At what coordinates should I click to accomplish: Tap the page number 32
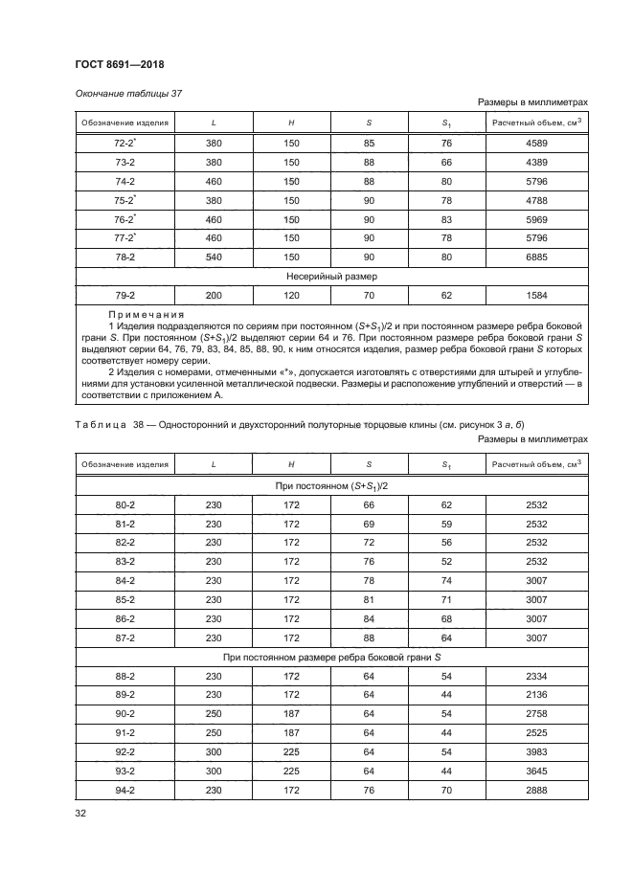(80, 815)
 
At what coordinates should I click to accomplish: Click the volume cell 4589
(537, 144)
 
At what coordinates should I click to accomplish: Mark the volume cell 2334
(537, 677)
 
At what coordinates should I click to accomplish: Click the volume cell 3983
(537, 752)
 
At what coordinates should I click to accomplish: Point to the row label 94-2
(124, 790)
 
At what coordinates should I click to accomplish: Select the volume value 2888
(537, 790)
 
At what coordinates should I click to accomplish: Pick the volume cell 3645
(537, 772)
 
